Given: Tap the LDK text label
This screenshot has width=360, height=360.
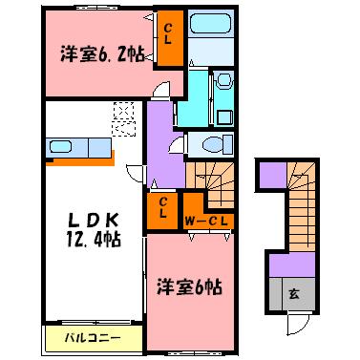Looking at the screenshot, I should tap(83, 218).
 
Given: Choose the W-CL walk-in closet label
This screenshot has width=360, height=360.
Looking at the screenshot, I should tap(206, 222).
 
